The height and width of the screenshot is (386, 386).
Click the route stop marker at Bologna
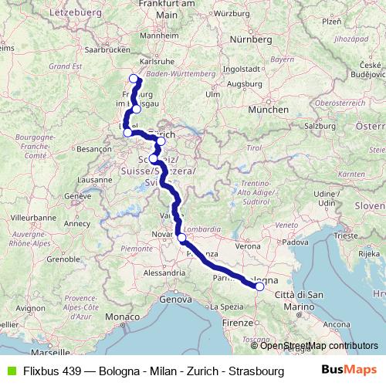pos(259,286)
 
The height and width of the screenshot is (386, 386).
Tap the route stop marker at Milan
pos(181,239)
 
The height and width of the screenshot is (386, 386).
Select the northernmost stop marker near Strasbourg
pos(134,78)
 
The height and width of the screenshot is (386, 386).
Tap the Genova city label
pos(175,298)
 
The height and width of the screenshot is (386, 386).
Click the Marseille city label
pos(52,351)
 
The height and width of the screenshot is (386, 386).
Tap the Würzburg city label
pos(234,13)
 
